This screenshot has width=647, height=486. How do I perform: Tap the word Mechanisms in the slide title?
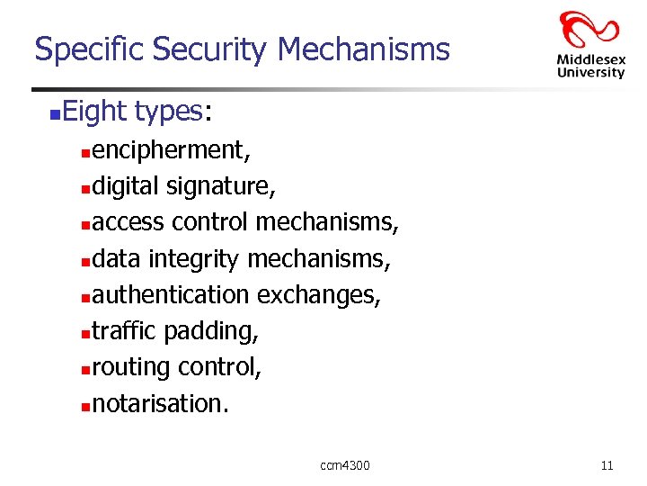363,49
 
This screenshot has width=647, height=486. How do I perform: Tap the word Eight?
94,112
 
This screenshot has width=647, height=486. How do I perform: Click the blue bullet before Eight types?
55,113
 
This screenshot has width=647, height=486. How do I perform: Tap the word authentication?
170,294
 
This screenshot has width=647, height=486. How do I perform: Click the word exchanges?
318,295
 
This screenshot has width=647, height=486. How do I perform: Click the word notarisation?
160,403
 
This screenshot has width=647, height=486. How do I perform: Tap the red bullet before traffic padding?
84,333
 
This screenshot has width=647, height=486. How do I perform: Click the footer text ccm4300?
345,465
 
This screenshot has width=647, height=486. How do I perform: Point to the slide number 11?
607,465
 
